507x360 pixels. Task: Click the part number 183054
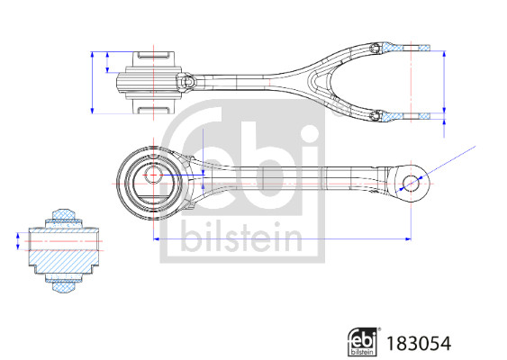(419, 342)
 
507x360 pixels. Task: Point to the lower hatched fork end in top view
(396, 115)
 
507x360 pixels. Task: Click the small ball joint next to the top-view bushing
(189, 82)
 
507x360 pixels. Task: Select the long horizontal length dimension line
(279, 238)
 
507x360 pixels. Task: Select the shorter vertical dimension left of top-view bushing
(109, 63)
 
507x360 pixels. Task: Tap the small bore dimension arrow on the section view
(17, 242)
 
